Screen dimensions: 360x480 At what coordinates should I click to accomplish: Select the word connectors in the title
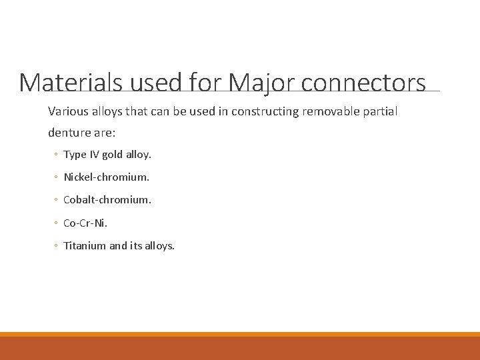[363, 83]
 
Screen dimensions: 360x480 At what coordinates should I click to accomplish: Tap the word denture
[67, 132]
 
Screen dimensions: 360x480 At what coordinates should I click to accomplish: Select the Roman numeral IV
[94, 155]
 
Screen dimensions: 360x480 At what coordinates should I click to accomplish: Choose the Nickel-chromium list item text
[106, 177]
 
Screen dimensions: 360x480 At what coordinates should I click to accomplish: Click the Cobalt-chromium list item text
[107, 200]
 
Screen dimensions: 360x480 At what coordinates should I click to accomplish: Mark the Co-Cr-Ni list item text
[85, 223]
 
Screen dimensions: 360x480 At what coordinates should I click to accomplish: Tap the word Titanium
[85, 245]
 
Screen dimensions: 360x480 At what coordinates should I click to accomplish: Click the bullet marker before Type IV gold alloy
[56, 155]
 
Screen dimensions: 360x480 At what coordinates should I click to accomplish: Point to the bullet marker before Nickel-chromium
[56, 178]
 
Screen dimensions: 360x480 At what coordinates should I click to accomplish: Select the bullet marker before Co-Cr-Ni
[56, 223]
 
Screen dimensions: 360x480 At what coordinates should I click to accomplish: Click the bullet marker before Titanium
[56, 246]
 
